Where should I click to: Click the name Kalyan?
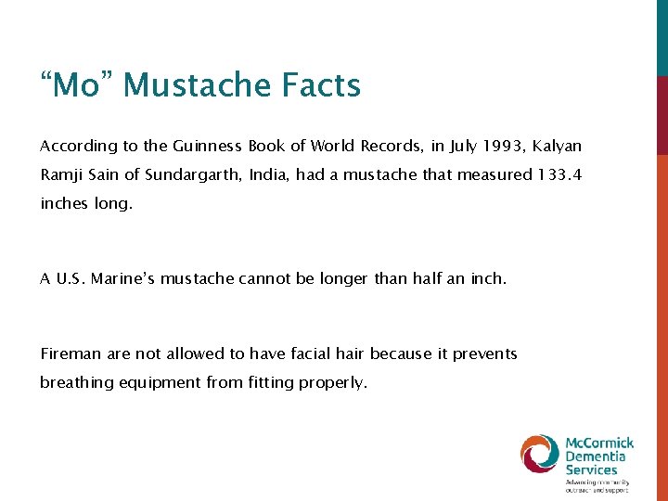tap(558, 147)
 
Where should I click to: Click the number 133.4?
tap(559, 174)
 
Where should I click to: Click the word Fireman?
tap(71, 353)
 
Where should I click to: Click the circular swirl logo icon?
tap(539, 454)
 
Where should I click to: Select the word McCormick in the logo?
tap(600, 443)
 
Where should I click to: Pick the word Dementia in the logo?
tap(597, 456)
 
